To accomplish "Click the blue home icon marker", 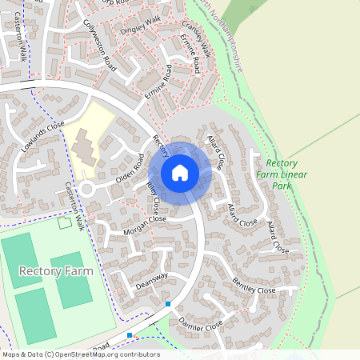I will pyautogui.click(x=180, y=173).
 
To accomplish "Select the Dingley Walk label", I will pyautogui.click(x=140, y=23).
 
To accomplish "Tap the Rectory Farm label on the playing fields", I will pyautogui.click(x=55, y=271).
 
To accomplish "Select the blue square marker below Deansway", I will pyautogui.click(x=168, y=304).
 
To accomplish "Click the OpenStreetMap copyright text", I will pyautogui.click(x=81, y=354).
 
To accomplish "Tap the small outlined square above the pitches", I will pyautogui.click(x=64, y=222).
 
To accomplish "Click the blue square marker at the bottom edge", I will pyautogui.click(x=130, y=334).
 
